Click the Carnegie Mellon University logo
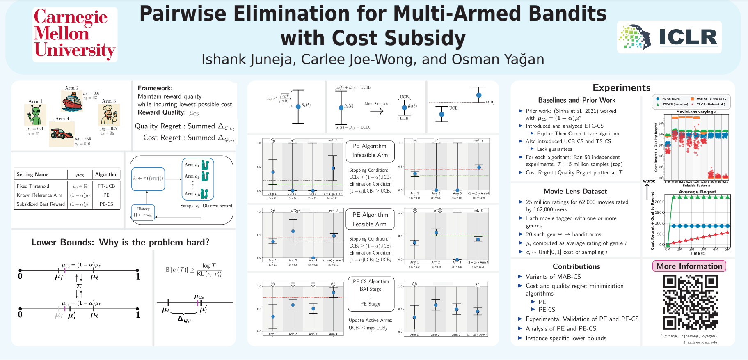coord(75,34)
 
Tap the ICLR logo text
coord(688,37)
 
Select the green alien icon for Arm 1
coord(35,115)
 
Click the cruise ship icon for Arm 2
coord(72,101)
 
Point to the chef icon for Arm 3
coord(109,115)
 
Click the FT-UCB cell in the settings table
coord(106,186)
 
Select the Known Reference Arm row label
coord(39,195)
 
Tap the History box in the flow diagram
coord(144,212)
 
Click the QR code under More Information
coord(690,302)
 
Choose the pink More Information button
coord(689,266)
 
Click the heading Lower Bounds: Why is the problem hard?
coord(120,242)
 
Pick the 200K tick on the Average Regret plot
coord(659,202)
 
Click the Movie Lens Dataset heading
coord(575,191)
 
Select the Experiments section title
coord(621,87)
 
